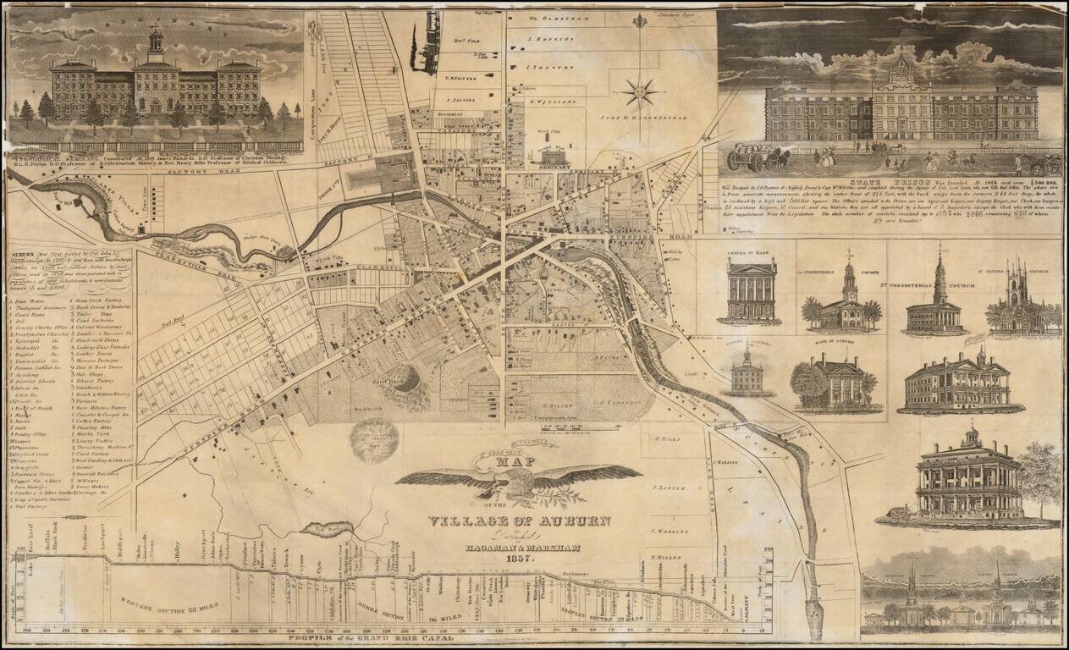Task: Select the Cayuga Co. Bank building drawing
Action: (x=749, y=290)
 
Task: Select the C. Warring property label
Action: (x=669, y=531)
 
